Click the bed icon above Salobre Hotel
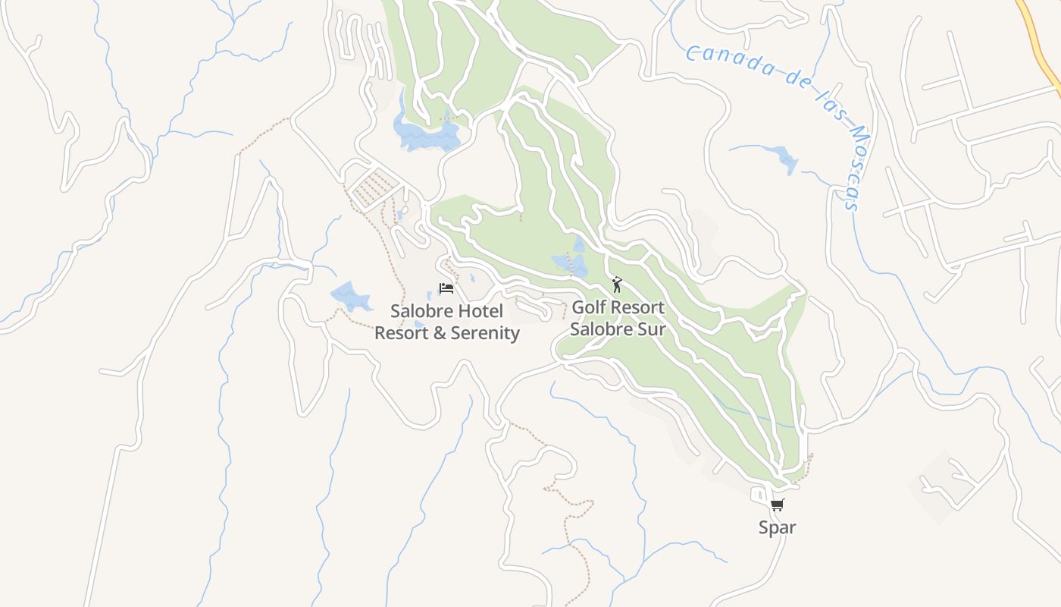[446, 288]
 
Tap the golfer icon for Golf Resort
[617, 285]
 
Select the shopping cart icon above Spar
[777, 505]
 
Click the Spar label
[778, 527]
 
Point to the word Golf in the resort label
[587, 308]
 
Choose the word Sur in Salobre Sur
[652, 329]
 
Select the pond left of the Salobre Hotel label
[350, 296]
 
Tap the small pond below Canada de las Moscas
[784, 160]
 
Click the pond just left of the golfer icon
[571, 263]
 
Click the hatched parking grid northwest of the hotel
[373, 189]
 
